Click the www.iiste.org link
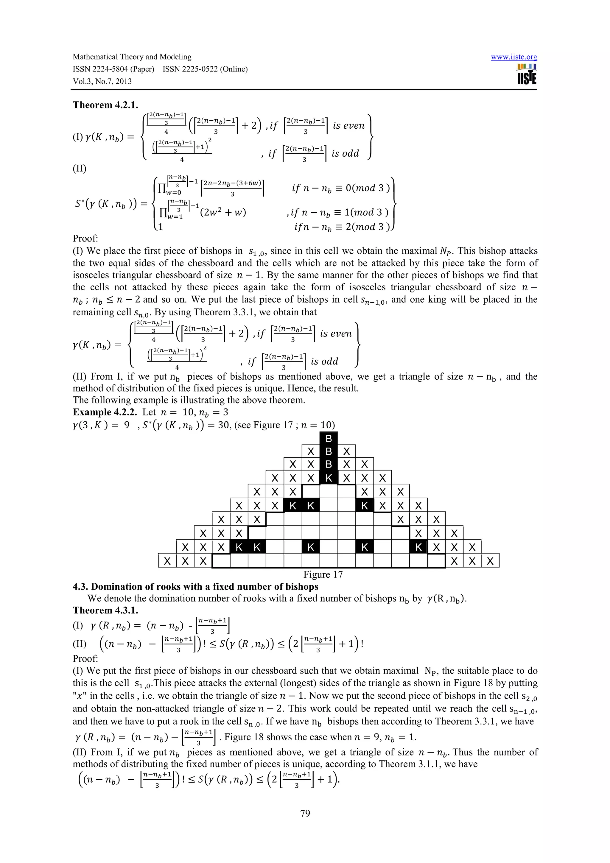513,57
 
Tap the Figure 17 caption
323,574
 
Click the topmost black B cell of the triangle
329,438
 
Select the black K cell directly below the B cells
329,478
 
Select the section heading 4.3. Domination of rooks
195,587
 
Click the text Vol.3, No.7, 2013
102,81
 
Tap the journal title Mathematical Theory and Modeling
132,57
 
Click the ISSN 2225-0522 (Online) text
205,69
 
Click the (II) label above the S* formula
79,168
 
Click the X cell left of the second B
310,451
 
